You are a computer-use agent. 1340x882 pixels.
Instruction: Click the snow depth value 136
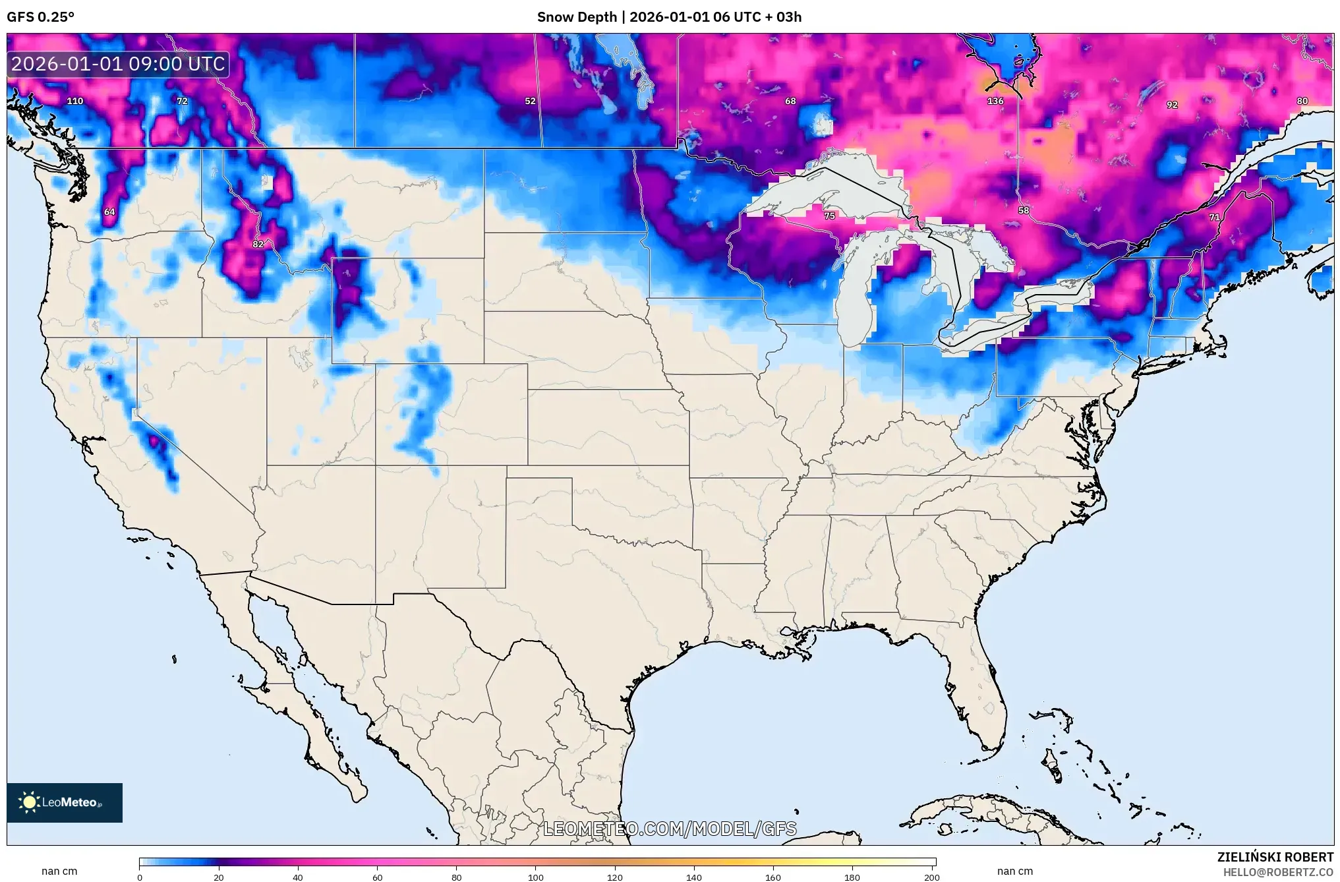click(995, 101)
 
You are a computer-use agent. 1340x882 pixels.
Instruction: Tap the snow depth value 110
click(75, 101)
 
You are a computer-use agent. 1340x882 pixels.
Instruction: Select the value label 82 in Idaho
click(258, 244)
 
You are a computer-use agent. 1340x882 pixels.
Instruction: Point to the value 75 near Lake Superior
click(829, 216)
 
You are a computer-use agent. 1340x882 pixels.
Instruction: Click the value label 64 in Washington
click(109, 212)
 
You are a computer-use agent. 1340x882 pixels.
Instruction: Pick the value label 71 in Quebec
click(1214, 217)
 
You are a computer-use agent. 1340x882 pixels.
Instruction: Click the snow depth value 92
click(1172, 105)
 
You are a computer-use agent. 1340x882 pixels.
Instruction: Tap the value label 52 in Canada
click(530, 101)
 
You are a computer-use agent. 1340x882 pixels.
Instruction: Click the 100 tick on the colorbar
click(536, 877)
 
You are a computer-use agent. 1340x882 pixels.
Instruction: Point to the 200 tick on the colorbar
click(931, 877)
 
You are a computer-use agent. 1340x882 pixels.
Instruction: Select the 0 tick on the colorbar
click(140, 877)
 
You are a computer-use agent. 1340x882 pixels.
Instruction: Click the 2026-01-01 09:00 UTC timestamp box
click(119, 64)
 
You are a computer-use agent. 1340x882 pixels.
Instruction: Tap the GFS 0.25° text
click(41, 16)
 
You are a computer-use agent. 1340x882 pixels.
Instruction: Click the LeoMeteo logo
click(65, 802)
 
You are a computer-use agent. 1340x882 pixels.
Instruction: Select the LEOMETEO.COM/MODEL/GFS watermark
click(670, 829)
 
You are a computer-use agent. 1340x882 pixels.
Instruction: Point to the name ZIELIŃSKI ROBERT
click(1275, 857)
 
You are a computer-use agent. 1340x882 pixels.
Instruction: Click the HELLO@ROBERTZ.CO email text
click(1278, 872)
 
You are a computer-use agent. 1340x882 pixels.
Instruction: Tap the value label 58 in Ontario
click(1023, 210)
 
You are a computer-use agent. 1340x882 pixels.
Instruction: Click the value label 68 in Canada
click(790, 101)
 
